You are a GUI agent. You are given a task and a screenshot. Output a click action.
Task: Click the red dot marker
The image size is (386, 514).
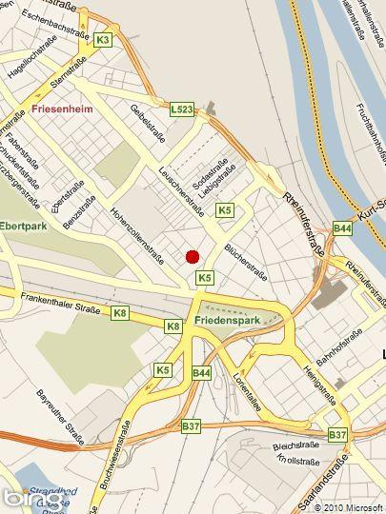(x=193, y=256)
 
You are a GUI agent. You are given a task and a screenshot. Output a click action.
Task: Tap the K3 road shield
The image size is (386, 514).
(x=103, y=39)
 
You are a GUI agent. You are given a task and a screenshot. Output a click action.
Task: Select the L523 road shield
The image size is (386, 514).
(x=182, y=110)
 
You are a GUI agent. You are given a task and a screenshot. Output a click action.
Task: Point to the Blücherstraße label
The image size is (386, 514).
(x=244, y=261)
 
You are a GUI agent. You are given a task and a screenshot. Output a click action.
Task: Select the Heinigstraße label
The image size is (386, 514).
(x=320, y=377)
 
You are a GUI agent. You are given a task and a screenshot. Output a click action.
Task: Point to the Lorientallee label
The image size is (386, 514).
(x=247, y=389)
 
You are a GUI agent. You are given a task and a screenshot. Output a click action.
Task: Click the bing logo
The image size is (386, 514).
(x=25, y=498)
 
